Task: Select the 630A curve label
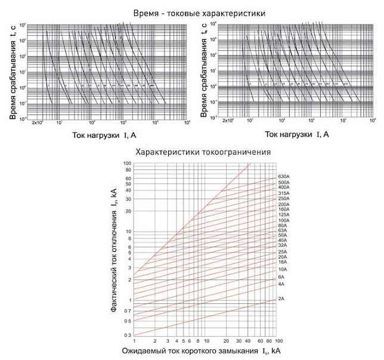click(285, 177)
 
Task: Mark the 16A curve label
click(283, 262)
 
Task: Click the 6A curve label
click(281, 277)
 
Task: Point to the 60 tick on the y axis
click(127, 178)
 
